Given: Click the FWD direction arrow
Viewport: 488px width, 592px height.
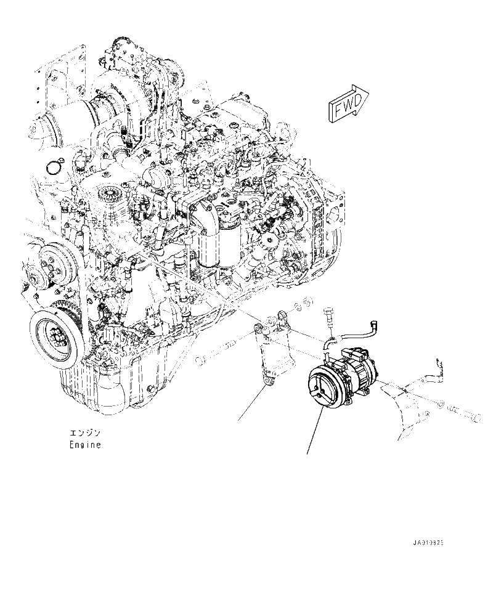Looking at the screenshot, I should point(349,104).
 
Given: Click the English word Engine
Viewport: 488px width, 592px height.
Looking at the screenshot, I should point(84,444).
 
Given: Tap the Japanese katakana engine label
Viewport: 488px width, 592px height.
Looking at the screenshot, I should point(84,433).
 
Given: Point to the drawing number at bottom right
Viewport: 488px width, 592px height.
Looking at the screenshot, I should point(429,543).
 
